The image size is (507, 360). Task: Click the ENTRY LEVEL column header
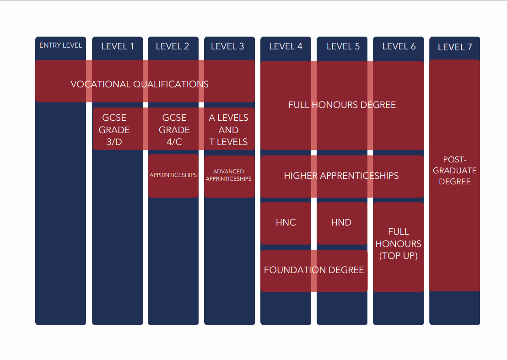[60, 45]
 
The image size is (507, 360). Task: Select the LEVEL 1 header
[118, 46]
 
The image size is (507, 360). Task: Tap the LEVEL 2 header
[173, 46]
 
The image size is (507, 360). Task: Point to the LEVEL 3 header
[227, 46]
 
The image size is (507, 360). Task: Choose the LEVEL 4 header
[286, 46]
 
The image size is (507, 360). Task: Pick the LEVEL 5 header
[343, 46]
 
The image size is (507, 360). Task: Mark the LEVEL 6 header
[399, 46]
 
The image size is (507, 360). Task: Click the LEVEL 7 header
[455, 47]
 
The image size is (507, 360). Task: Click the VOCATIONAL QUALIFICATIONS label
[140, 84]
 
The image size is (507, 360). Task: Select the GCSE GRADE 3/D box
[114, 130]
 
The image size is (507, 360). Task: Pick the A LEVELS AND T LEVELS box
[228, 130]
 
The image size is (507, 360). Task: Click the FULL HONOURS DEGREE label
[342, 105]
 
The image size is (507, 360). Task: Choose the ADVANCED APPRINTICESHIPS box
[229, 175]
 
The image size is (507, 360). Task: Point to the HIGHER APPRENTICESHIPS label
[341, 176]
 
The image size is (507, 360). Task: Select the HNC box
[286, 223]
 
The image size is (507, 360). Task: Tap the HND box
[341, 223]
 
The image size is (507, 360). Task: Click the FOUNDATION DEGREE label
[314, 270]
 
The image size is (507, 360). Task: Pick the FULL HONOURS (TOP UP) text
[399, 244]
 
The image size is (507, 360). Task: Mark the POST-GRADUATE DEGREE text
[455, 171]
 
